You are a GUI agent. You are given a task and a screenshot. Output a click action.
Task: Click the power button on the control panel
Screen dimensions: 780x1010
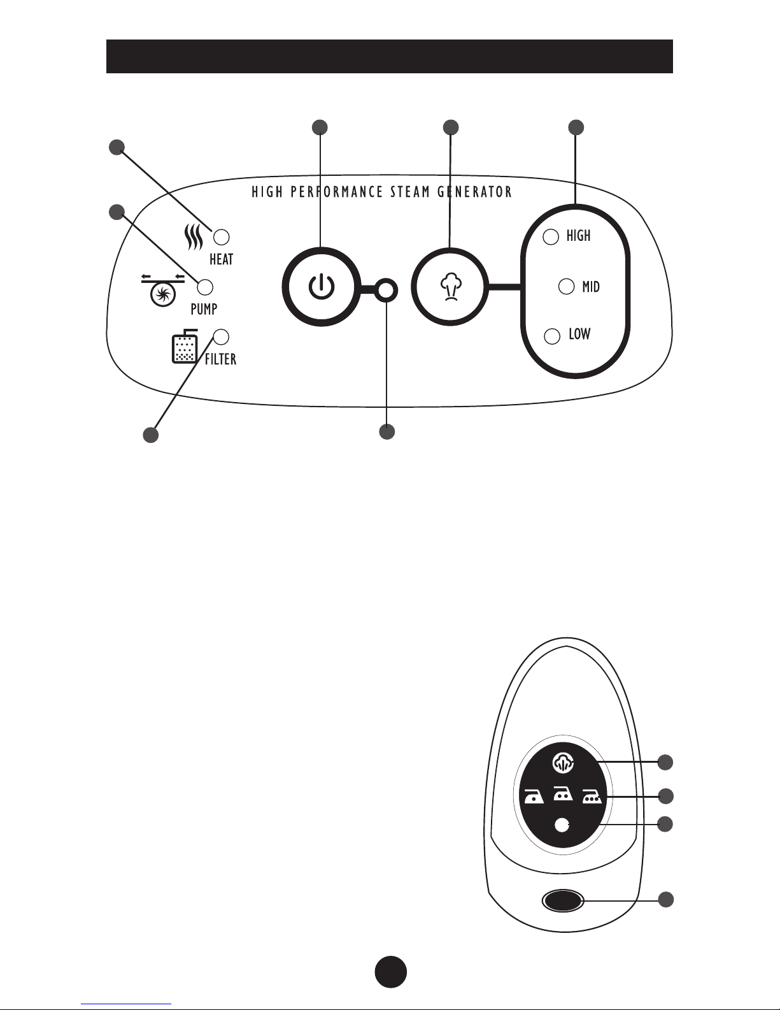[x=322, y=286]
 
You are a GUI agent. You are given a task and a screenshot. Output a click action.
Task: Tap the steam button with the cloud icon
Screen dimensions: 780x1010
[x=450, y=286]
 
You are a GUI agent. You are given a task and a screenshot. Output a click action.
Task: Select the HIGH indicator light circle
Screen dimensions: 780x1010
[x=551, y=236]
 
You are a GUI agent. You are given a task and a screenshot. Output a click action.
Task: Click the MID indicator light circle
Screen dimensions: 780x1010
[x=567, y=286]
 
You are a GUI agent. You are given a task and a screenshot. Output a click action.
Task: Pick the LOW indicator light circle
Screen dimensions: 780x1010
[x=552, y=336]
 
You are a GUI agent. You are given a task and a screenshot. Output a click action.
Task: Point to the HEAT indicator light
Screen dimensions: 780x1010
[x=222, y=236]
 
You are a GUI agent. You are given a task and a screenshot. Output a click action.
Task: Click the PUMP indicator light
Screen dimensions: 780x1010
[x=205, y=287]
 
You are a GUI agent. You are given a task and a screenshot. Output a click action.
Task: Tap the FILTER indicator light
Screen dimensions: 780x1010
[x=222, y=337]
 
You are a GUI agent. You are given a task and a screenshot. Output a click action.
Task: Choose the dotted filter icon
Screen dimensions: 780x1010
[x=185, y=346]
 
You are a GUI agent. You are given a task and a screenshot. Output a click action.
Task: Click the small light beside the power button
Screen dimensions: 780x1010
[x=386, y=289]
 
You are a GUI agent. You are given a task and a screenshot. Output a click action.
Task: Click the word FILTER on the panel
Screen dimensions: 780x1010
[x=220, y=359]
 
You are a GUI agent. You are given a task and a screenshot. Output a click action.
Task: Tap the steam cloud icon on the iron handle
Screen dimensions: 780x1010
[x=563, y=763]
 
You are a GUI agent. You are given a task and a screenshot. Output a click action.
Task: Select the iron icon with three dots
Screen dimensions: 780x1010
[x=592, y=797]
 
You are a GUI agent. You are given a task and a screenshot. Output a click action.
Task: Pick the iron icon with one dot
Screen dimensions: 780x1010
[x=534, y=797]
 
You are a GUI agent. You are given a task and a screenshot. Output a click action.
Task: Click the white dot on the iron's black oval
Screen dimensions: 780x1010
[x=562, y=825]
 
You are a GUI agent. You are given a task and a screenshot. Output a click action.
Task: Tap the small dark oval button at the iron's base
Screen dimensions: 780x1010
[x=563, y=901]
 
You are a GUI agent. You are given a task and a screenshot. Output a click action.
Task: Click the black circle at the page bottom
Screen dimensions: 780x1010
[x=391, y=971]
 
